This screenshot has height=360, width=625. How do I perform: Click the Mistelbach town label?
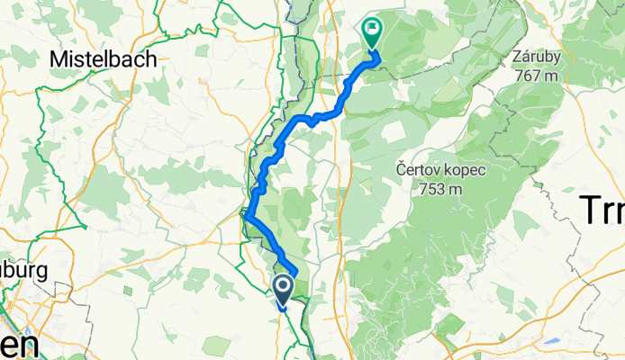(x=104, y=58)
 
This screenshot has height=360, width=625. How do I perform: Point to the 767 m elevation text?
(x=537, y=75)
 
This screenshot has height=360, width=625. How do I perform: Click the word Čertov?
(x=420, y=169)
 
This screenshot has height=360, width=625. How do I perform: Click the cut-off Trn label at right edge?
(x=601, y=211)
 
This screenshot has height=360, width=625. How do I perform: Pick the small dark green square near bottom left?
(x=127, y=292)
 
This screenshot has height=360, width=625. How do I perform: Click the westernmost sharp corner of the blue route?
(x=244, y=214)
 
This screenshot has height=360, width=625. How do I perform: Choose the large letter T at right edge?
(x=586, y=211)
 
